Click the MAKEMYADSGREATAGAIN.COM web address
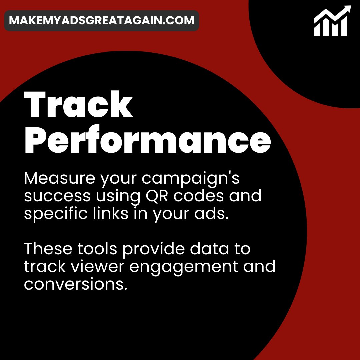tap(102, 20)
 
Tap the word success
tap(57, 196)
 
